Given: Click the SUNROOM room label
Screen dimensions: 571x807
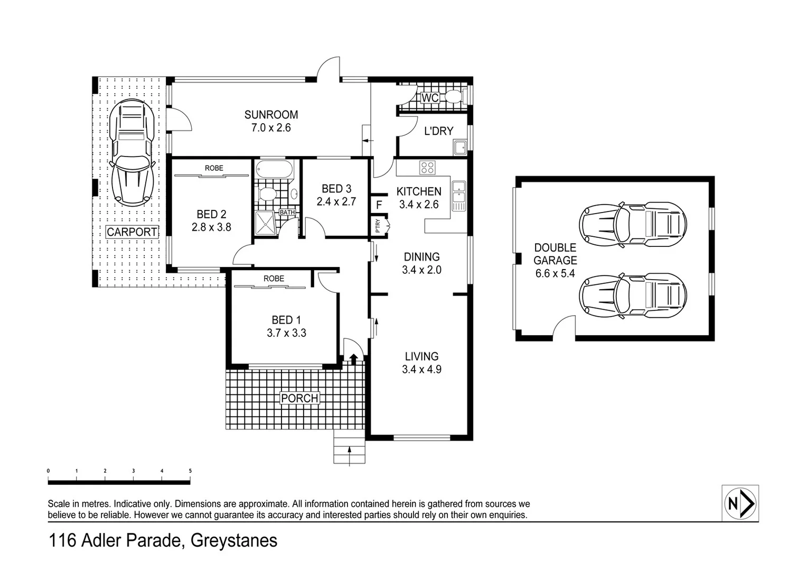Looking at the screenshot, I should click(271, 115).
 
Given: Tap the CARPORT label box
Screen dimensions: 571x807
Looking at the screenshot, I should click(132, 232).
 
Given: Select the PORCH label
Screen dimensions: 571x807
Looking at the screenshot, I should click(299, 398).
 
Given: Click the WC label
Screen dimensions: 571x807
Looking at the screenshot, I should click(430, 98).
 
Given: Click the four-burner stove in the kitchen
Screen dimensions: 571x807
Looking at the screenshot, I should click(427, 168).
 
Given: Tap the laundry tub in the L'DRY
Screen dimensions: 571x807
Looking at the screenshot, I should click(459, 147).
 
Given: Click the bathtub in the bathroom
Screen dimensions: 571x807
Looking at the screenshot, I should click(274, 170).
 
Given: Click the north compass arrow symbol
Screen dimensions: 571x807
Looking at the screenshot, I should click(740, 503).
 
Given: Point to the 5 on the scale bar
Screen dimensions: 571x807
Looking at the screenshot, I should click(190, 471).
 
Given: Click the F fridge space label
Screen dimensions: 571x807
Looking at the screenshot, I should click(379, 205).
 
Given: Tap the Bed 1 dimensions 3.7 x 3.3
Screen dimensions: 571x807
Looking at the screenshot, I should click(286, 333).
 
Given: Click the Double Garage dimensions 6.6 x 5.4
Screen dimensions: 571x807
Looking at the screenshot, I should click(555, 273).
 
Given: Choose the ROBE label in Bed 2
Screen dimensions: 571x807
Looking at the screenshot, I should click(214, 168).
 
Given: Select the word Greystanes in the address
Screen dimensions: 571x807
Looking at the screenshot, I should click(233, 541).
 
